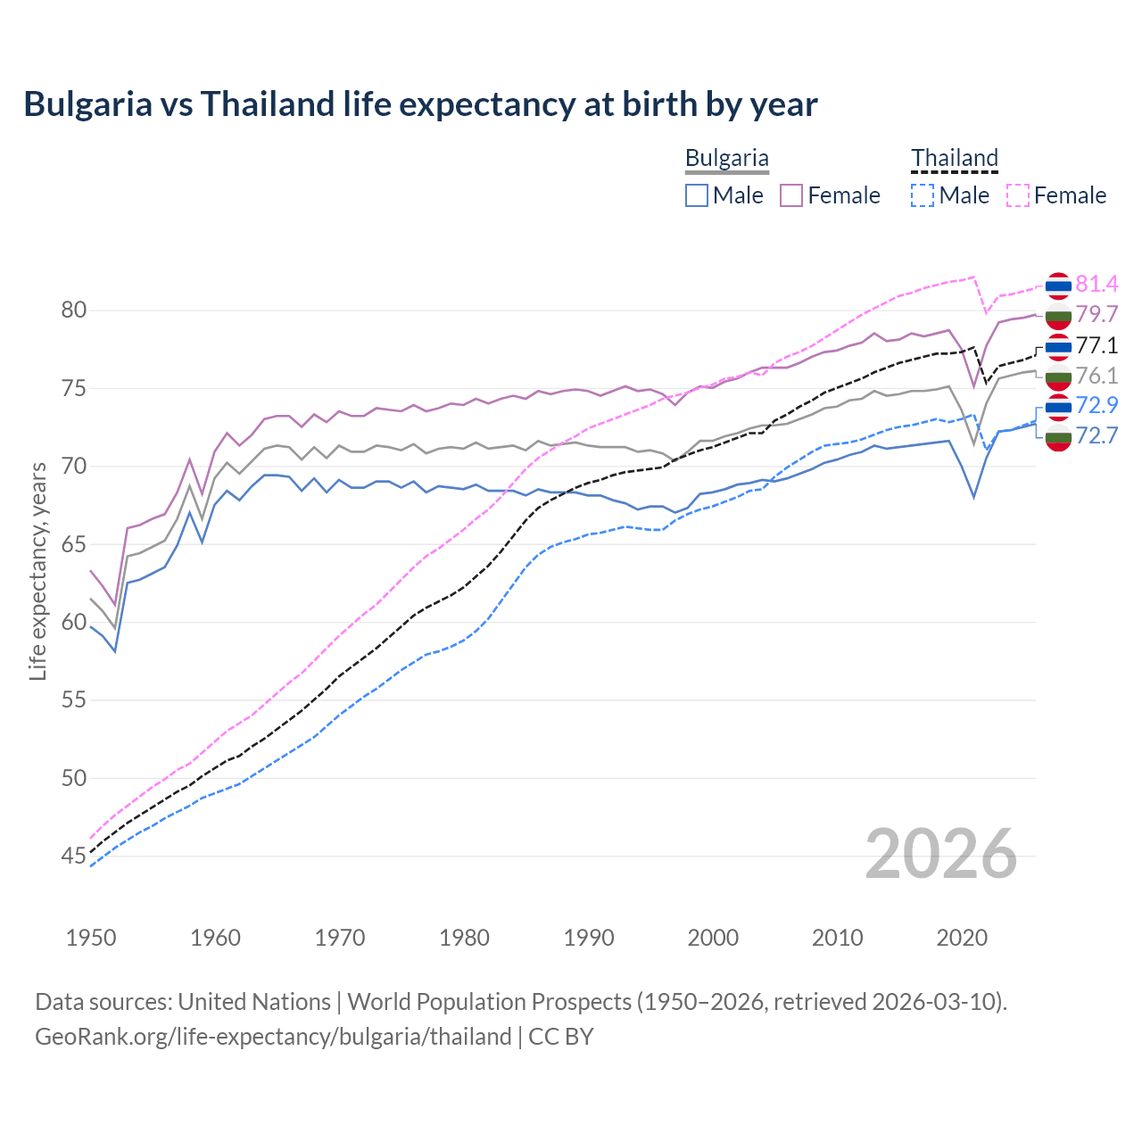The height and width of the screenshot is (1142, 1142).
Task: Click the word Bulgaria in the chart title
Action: coord(87,104)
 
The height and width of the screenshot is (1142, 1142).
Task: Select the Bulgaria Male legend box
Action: coord(697,195)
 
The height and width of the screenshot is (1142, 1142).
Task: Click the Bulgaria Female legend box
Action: coord(791,195)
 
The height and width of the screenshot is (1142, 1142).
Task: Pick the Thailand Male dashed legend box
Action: coord(923,195)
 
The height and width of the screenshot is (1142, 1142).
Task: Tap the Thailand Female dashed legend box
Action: coord(1018,195)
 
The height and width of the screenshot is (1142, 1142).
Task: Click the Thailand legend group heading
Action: coord(954,158)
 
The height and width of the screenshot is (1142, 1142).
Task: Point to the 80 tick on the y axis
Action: coord(73,310)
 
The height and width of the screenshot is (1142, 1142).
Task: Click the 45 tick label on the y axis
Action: coord(73,856)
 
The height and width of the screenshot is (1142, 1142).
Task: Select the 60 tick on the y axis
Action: coord(73,623)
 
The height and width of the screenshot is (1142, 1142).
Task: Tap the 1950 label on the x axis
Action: coord(91,938)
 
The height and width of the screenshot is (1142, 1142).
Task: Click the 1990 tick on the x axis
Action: coord(589,938)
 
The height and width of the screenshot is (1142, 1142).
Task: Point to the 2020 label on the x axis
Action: coord(962,938)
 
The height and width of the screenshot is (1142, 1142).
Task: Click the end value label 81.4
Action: coord(1096,285)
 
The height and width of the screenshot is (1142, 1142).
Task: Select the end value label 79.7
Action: coord(1096,315)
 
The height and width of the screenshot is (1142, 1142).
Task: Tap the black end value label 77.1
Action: coord(1096,346)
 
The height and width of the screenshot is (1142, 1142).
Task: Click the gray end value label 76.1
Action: coord(1096,377)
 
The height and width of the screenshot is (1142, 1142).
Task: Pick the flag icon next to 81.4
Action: coord(1058,285)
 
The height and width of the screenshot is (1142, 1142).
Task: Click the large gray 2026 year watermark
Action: coord(940,855)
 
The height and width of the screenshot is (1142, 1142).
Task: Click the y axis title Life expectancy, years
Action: coord(37,571)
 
